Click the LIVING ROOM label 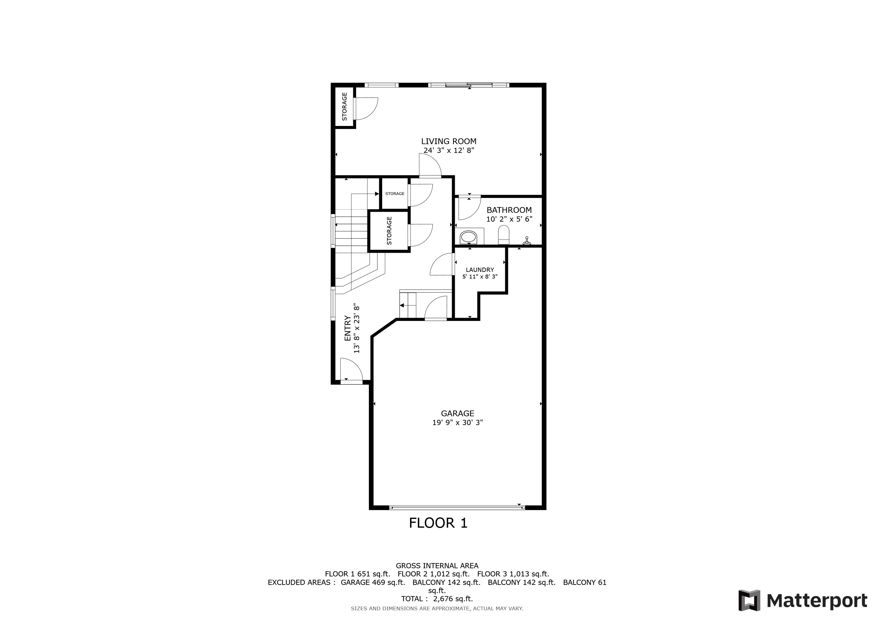click(x=448, y=141)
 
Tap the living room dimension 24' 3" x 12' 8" click(x=448, y=150)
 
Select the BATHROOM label click(x=509, y=210)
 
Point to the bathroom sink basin click(x=468, y=237)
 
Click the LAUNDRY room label click(x=480, y=269)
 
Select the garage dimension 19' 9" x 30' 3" click(x=457, y=423)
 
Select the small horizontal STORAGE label click(x=395, y=193)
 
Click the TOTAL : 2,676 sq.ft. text click(x=437, y=599)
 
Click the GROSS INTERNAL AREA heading click(x=437, y=566)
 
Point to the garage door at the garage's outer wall click(x=457, y=508)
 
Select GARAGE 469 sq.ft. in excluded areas click(x=372, y=582)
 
